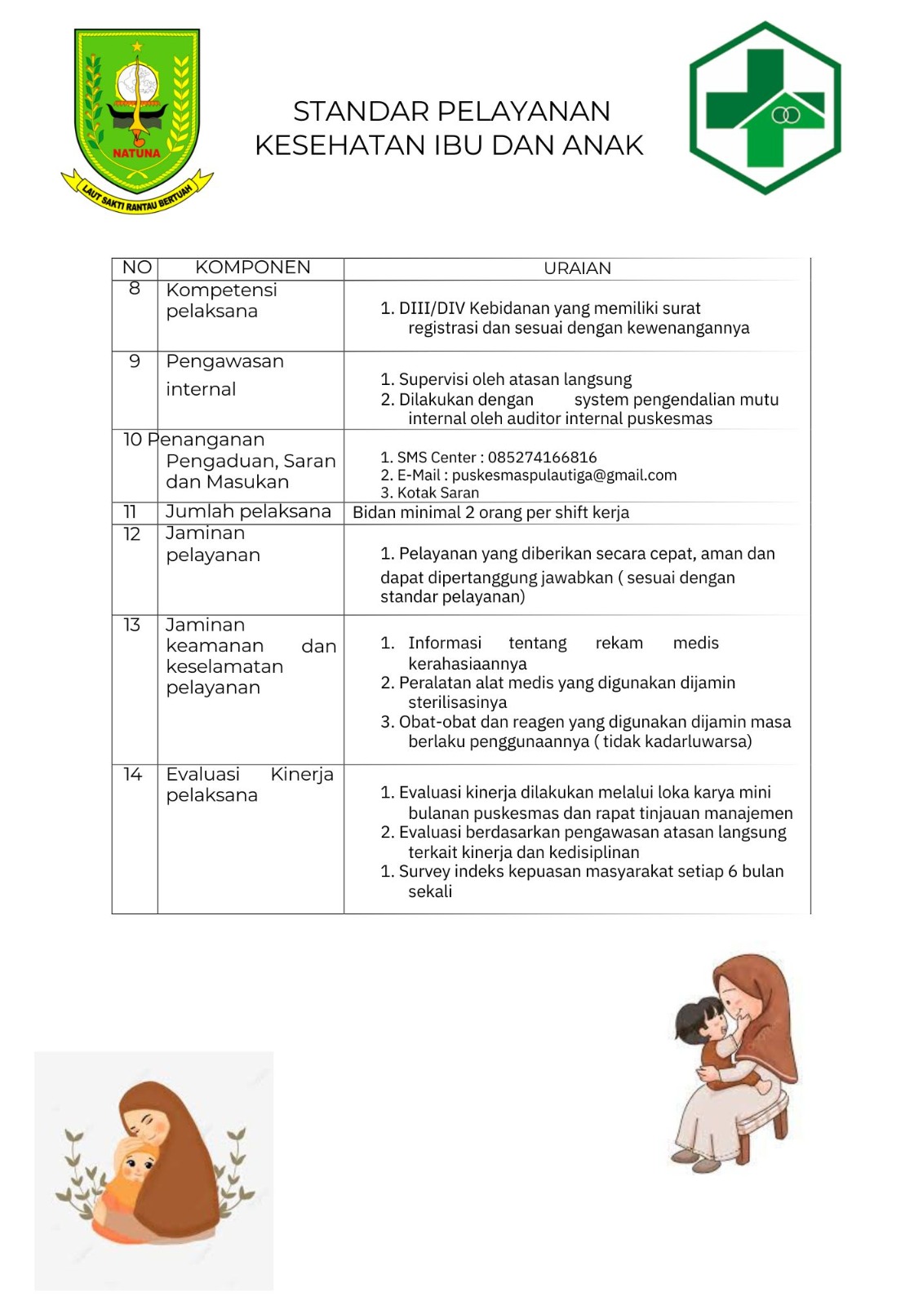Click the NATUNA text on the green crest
136,153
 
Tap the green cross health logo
765,108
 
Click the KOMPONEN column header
252,268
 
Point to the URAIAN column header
577,268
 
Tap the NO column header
136,268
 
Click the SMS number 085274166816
542,458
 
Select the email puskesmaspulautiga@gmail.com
564,476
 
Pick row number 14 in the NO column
132,774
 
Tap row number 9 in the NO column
135,361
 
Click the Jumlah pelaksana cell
248,511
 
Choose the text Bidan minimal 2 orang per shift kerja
490,513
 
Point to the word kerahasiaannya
468,664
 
